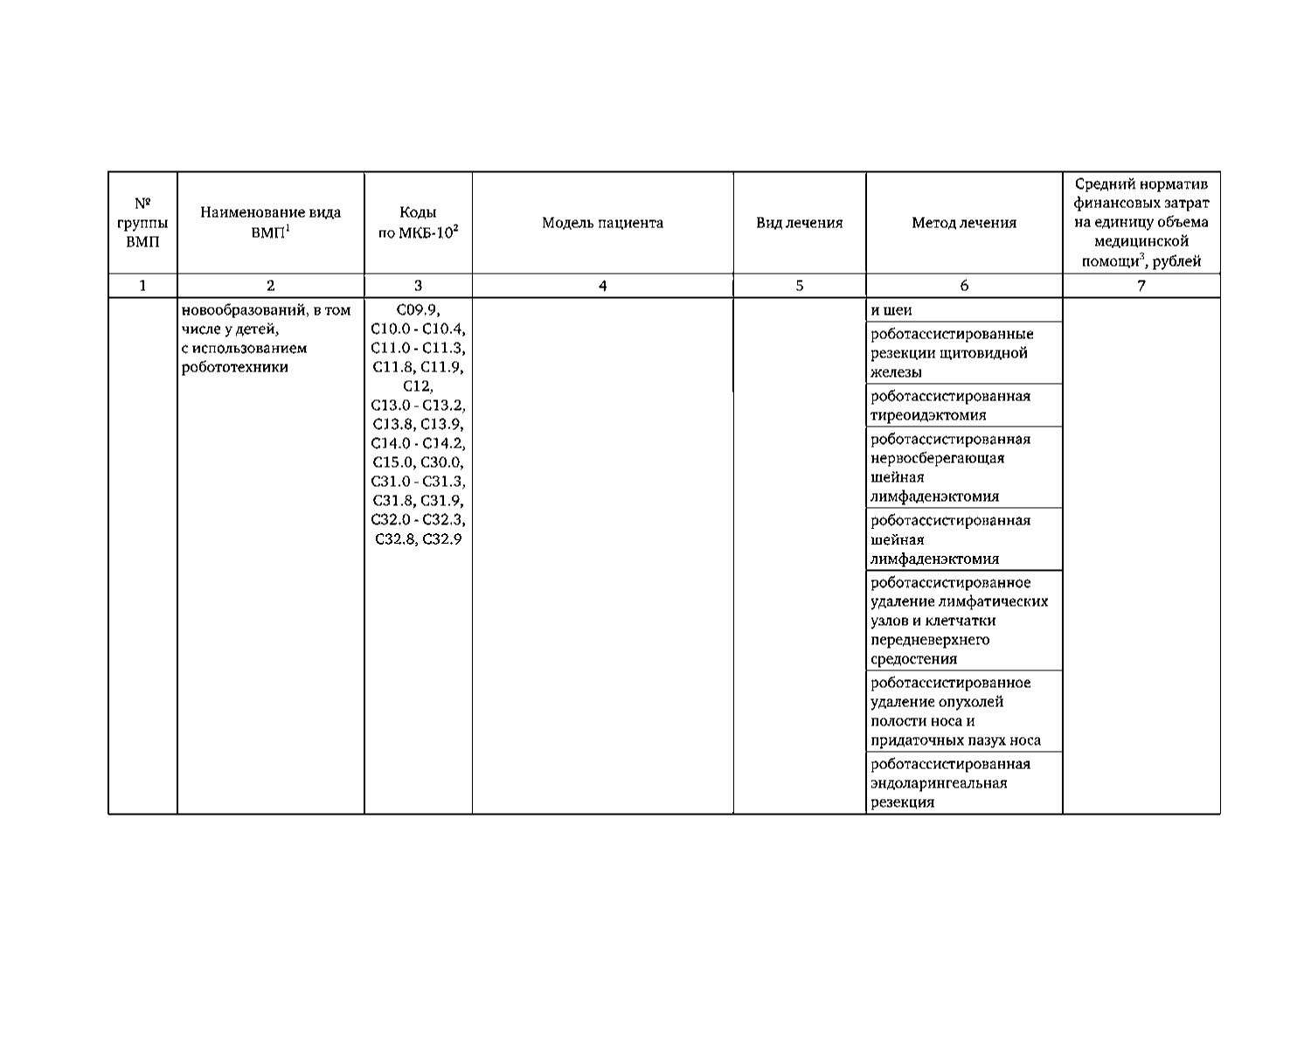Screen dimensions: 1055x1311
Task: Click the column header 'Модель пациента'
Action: pyautogui.click(x=602, y=223)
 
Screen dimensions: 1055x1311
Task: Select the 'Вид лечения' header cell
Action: pyautogui.click(x=799, y=223)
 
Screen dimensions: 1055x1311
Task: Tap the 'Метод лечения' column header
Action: pyautogui.click(x=964, y=223)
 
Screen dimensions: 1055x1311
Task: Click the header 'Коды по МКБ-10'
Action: pyautogui.click(x=418, y=223)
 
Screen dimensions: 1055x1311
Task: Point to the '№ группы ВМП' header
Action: pyautogui.click(x=142, y=223)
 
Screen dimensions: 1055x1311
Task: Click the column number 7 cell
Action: pyautogui.click(x=1141, y=286)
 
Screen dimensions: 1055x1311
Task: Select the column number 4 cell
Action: pyautogui.click(x=602, y=286)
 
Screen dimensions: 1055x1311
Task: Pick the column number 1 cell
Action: pyautogui.click(x=142, y=286)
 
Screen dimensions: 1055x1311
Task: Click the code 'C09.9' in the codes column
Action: pyautogui.click(x=418, y=309)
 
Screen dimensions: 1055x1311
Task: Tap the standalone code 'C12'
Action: pyautogui.click(x=418, y=386)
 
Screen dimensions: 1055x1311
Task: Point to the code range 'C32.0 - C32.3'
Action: pyautogui.click(x=418, y=520)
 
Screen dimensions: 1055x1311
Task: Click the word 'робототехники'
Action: pyautogui.click(x=234, y=367)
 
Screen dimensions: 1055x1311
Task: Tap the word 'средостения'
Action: pyautogui.click(x=913, y=659)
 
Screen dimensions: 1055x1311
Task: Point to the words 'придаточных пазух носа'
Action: pyautogui.click(x=955, y=740)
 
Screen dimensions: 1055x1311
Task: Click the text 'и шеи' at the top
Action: pyautogui.click(x=891, y=310)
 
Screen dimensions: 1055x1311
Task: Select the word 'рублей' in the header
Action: pyautogui.click(x=1177, y=261)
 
